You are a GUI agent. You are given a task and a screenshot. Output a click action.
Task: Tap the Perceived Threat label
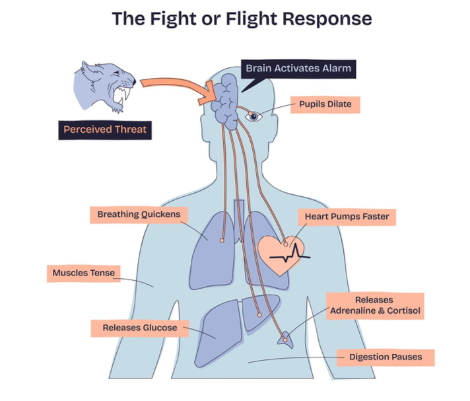point(105,129)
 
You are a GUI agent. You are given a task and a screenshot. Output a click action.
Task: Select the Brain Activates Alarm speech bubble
point(298,68)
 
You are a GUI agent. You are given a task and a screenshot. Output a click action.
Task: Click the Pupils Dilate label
point(325,104)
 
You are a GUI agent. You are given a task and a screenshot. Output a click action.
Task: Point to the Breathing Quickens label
point(138,215)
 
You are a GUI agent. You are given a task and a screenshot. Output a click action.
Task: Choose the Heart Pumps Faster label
point(347,216)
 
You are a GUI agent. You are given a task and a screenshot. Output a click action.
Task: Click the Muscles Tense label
point(83,273)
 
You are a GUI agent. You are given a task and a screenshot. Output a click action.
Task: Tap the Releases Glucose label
point(139,327)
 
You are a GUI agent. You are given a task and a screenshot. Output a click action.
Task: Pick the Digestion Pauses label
point(386,357)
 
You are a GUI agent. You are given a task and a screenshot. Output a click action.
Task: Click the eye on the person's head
point(254,116)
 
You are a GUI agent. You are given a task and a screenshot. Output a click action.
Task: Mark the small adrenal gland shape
point(285,338)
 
